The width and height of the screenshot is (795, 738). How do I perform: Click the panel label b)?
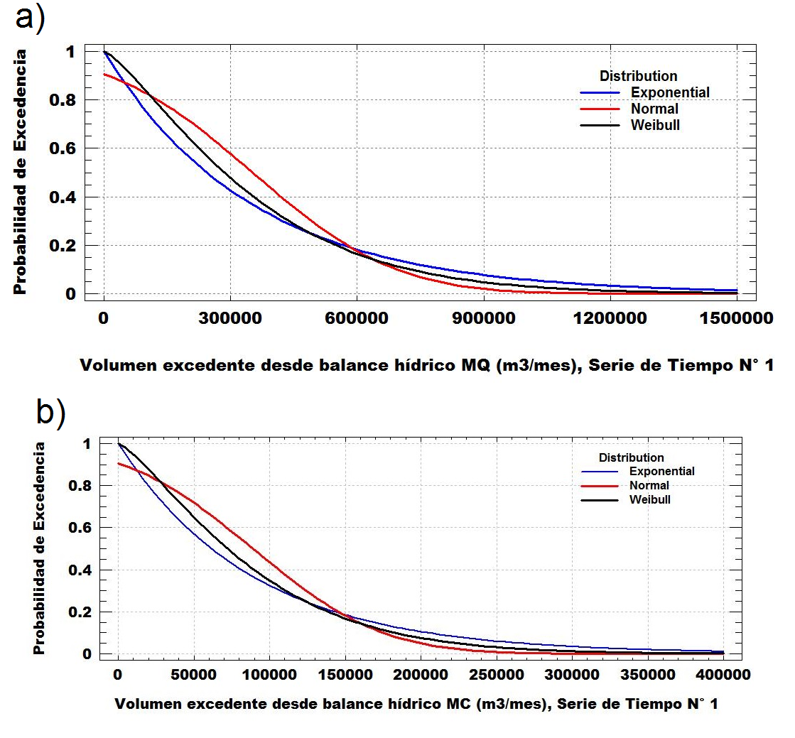click(50, 413)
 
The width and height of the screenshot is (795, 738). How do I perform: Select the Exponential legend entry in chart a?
click(670, 92)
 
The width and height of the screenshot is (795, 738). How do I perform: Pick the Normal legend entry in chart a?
click(654, 109)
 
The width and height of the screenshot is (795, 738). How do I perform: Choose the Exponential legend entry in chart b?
click(661, 471)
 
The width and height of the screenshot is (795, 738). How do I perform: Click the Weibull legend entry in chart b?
click(649, 499)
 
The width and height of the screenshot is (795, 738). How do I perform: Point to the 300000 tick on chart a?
click(230, 319)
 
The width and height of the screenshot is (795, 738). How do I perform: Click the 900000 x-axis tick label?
click(482, 319)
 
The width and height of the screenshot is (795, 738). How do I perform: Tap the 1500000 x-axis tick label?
click(736, 319)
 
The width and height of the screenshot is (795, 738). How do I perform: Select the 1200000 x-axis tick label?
click(610, 319)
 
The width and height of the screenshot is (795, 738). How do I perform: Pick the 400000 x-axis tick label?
click(723, 672)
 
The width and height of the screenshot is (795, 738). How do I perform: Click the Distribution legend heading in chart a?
click(638, 76)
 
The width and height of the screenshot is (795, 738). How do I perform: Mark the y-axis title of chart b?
click(40, 548)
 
